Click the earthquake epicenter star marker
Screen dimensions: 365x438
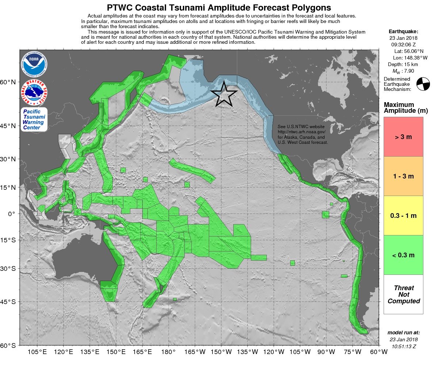(224, 94)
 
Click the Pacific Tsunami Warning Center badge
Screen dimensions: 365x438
(34, 120)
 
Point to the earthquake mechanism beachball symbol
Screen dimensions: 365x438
(423, 84)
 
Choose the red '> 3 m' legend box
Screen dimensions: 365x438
(403, 137)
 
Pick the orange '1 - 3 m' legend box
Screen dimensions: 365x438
(403, 176)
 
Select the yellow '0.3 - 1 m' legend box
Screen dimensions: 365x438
(403, 216)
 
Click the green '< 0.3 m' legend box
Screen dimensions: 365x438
(403, 255)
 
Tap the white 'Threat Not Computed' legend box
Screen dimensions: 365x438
(403, 295)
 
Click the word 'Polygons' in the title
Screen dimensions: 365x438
(306, 8)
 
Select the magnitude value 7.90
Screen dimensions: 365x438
(408, 71)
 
